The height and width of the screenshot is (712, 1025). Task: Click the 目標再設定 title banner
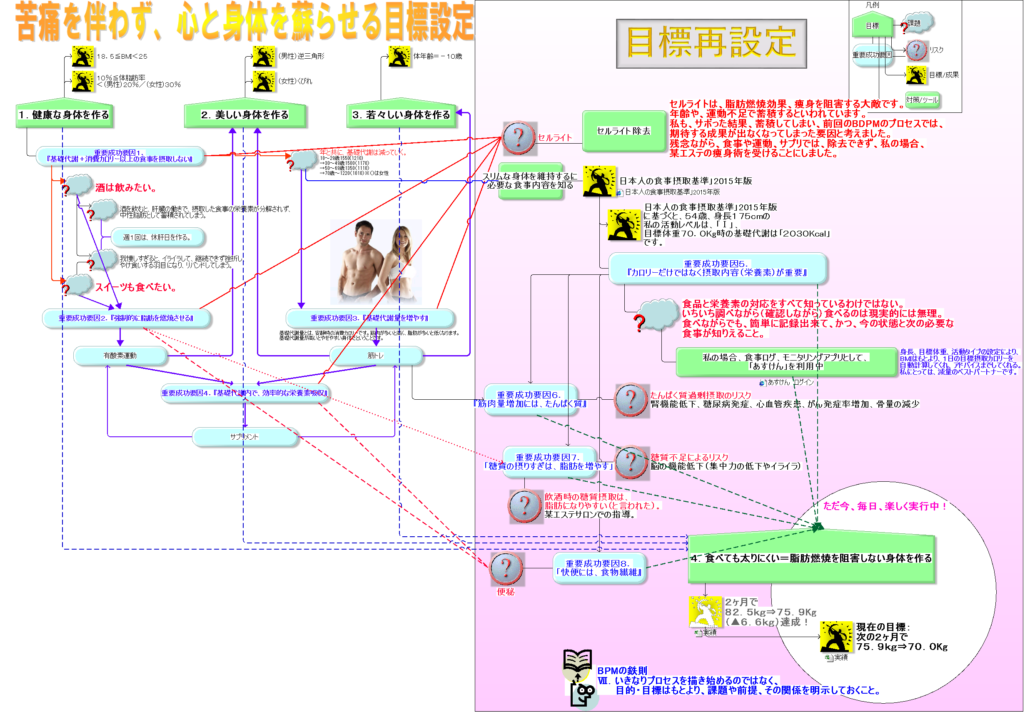tap(711, 43)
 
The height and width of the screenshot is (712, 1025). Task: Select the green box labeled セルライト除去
tap(623, 131)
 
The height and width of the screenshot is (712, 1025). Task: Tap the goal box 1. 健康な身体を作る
tap(64, 115)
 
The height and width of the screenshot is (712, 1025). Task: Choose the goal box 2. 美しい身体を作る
tap(245, 115)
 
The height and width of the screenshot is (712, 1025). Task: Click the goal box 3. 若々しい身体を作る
tap(401, 115)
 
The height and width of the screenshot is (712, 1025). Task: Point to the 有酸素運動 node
tap(120, 356)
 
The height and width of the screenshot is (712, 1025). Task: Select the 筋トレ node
tap(376, 356)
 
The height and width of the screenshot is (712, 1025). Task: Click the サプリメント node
tap(244, 437)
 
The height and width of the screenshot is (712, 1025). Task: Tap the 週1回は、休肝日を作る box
tap(157, 237)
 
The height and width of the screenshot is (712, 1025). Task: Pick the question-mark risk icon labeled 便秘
tap(506, 568)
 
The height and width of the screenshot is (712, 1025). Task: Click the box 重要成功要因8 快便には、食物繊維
tap(599, 568)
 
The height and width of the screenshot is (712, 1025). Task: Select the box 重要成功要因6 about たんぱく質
tap(530, 399)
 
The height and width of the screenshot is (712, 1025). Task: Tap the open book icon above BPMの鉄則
tap(577, 660)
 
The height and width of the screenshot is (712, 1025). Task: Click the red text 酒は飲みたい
tap(125, 188)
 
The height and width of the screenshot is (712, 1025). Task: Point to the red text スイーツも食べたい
tap(135, 287)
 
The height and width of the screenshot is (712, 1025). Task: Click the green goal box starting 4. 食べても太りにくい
tap(811, 558)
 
